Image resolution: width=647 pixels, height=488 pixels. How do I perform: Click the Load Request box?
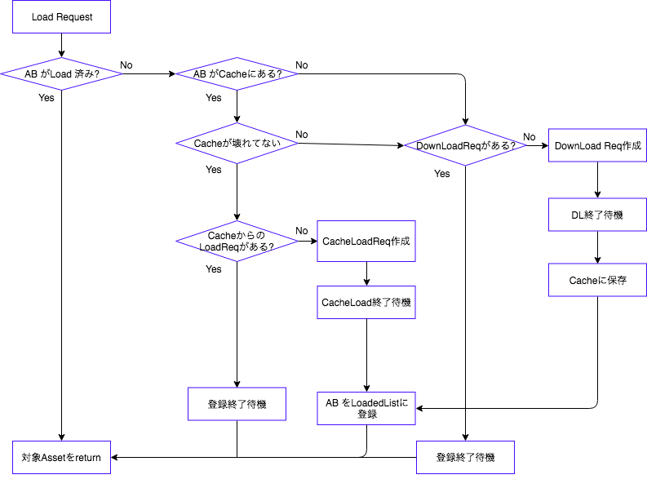tap(61, 17)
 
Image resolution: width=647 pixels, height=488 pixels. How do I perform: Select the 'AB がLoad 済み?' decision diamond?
tap(61, 74)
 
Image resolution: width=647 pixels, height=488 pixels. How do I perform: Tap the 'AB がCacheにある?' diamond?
tap(237, 74)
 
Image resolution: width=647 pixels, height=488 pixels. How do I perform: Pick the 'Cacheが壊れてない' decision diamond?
tap(237, 144)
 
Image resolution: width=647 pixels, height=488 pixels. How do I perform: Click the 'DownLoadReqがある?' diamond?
tap(465, 146)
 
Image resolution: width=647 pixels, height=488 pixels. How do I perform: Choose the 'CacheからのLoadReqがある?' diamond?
tap(237, 241)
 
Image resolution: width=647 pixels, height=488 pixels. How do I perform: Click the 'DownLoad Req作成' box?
tap(597, 146)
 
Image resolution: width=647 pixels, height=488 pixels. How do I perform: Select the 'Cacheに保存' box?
tap(597, 280)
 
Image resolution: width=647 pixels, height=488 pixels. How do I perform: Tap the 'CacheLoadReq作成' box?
tap(366, 241)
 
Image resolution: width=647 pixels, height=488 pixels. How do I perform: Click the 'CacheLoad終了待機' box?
tap(366, 302)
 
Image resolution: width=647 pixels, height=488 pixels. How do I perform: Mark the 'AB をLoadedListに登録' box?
tap(366, 408)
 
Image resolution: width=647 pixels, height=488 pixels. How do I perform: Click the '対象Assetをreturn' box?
tap(61, 457)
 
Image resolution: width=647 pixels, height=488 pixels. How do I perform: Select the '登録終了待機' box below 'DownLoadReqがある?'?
tap(465, 457)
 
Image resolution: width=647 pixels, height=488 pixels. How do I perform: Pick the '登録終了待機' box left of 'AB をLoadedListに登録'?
tap(237, 403)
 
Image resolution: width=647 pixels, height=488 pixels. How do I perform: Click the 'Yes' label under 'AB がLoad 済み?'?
tap(47, 98)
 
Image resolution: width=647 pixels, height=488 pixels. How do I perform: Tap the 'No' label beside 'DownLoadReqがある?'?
tap(530, 136)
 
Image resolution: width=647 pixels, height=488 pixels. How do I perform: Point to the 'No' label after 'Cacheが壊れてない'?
tap(302, 134)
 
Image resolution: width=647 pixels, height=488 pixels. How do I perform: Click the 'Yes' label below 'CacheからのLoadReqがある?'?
tap(214, 268)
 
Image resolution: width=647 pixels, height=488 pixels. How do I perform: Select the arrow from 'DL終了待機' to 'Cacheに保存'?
tap(597, 249)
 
